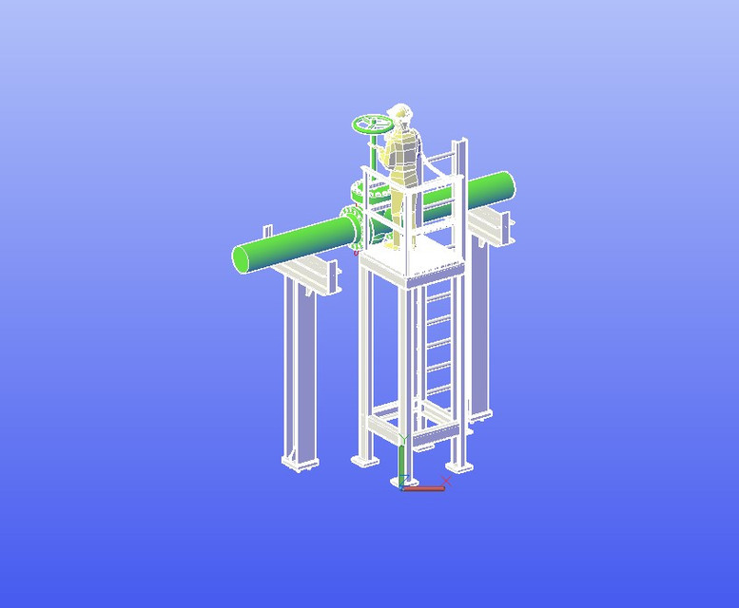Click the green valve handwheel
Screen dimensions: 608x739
pyautogui.click(x=372, y=123)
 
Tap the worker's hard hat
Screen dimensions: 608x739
pyautogui.click(x=400, y=111)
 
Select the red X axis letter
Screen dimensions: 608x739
pyautogui.click(x=446, y=481)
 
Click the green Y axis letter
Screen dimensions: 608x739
pyautogui.click(x=403, y=439)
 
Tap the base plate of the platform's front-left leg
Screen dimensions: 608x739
pyautogui.click(x=364, y=461)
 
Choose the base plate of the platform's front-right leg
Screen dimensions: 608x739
pyautogui.click(x=460, y=465)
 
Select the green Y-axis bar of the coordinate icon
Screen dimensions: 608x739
pyautogui.click(x=402, y=465)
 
